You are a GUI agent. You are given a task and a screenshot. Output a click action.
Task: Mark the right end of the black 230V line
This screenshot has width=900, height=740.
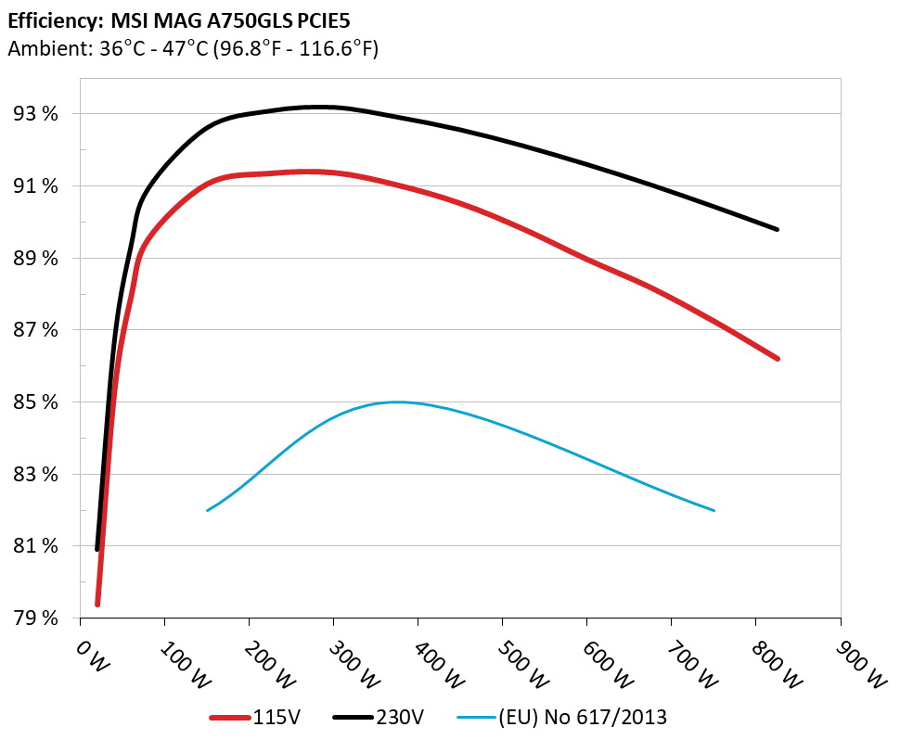pos(778,229)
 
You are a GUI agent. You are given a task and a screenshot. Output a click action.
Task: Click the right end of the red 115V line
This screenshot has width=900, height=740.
pos(778,358)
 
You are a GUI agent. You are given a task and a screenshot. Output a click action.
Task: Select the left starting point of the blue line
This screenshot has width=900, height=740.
pos(207,510)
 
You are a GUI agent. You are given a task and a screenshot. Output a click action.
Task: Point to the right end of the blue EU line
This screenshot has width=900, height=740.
pos(714,510)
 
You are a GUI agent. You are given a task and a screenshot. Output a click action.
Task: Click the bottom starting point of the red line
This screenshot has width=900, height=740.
pos(97,605)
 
